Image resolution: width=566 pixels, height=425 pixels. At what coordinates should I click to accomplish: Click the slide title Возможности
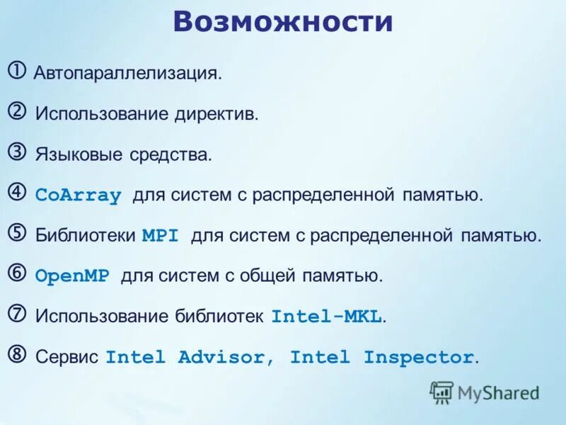coord(282,22)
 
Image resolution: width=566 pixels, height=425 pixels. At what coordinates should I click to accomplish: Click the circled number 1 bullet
coord(18,71)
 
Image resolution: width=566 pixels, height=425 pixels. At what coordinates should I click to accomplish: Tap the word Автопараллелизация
coord(127,74)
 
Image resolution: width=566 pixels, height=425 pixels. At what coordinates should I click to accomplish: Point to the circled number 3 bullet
coord(18,152)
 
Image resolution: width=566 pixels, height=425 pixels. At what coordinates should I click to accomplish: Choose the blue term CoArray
coord(78,195)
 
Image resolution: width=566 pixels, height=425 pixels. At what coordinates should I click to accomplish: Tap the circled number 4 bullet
coord(18,192)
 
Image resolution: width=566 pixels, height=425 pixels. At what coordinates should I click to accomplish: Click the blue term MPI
coord(160,236)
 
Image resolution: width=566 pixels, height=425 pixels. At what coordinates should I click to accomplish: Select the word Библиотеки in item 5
coord(85,236)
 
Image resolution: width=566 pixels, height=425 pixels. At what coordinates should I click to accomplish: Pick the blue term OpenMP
coord(72,276)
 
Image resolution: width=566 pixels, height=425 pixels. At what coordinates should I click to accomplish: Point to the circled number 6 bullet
coord(18,273)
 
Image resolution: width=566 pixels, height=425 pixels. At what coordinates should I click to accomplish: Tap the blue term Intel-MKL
coord(327,317)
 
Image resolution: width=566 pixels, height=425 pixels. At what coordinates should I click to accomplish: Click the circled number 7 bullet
coord(18,313)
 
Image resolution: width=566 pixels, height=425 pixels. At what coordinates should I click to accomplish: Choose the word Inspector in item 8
coord(419,357)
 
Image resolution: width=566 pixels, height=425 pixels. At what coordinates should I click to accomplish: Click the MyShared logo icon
coord(441,392)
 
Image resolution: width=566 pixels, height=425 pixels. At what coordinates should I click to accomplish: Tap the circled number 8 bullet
coord(18,353)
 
